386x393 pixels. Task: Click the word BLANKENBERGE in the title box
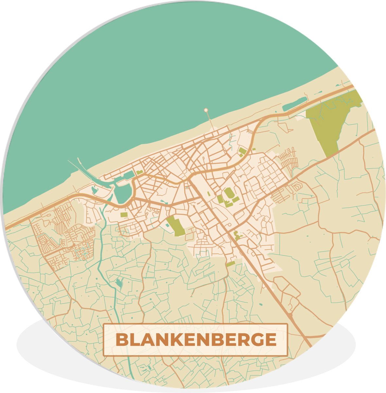click(x=196, y=340)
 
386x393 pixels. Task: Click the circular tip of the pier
click(x=206, y=110)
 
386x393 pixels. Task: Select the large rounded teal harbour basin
click(x=122, y=193)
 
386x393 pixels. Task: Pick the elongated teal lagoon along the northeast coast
click(x=294, y=104)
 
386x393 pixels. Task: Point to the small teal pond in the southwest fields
click(x=119, y=282)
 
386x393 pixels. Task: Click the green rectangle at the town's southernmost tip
click(x=230, y=264)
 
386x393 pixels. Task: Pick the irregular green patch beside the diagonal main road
click(x=237, y=235)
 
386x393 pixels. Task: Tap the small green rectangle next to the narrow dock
click(x=140, y=172)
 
